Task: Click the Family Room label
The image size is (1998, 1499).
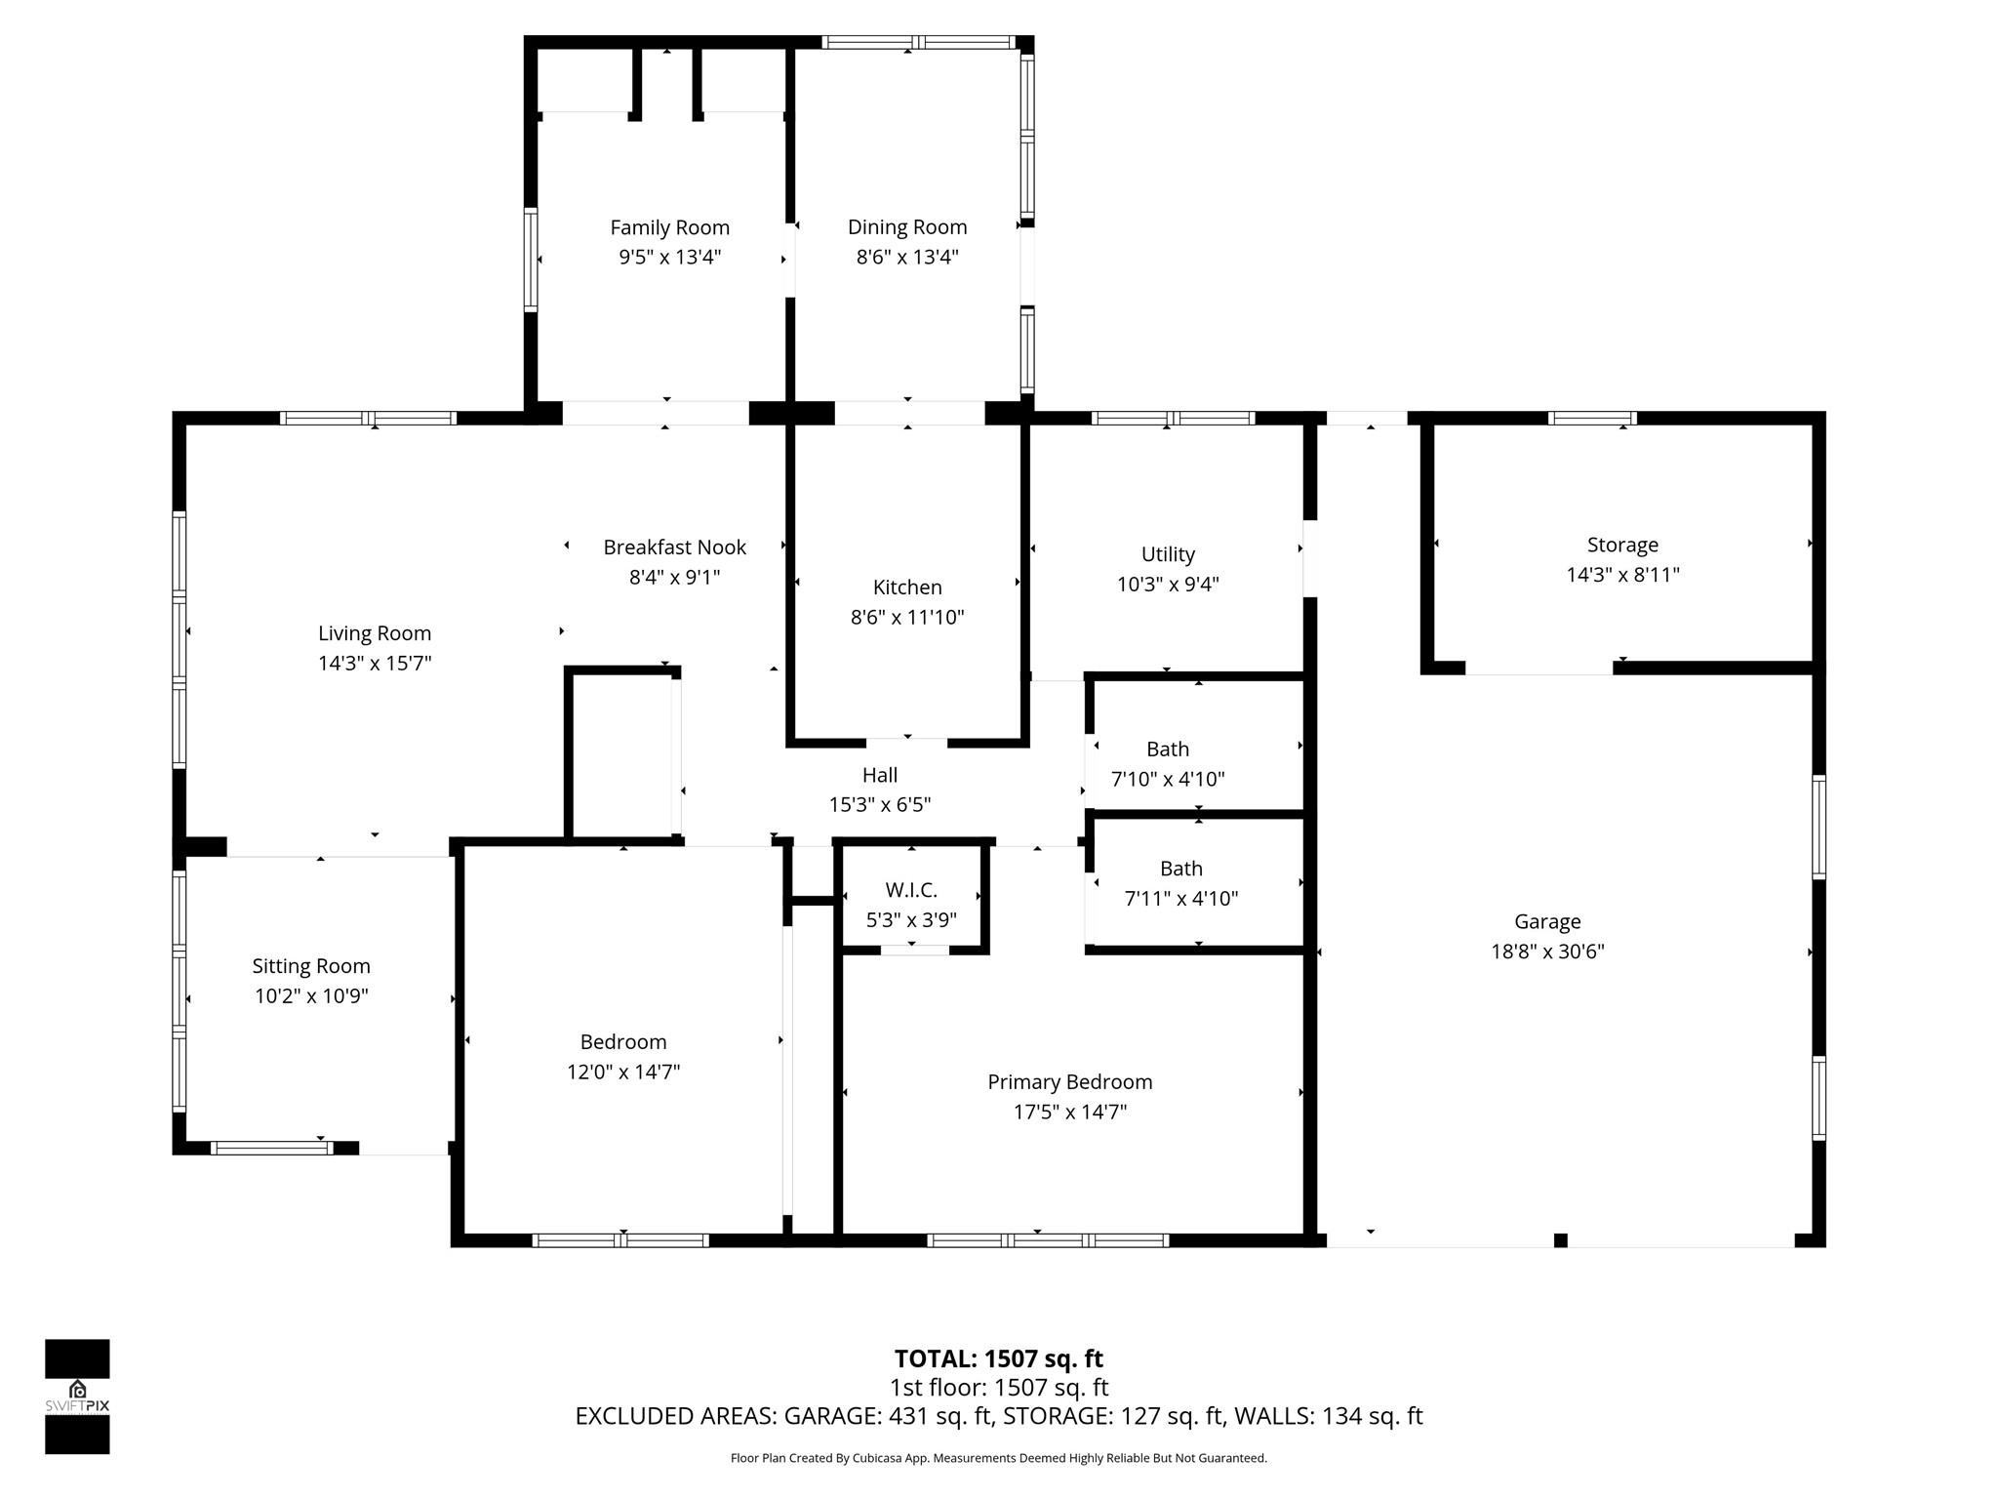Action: point(669,227)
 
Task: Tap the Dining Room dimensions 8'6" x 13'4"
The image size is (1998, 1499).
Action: point(907,257)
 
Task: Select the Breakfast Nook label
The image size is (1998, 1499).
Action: point(674,547)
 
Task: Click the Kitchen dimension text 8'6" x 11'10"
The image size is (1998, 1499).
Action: point(907,617)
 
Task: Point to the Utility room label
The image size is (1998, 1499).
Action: point(1168,554)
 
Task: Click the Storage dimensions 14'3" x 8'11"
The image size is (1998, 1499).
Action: point(1622,575)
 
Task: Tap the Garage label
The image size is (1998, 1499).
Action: point(1547,921)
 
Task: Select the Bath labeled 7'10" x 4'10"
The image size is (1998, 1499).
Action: point(1168,749)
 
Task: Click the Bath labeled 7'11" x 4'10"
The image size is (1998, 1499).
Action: point(1180,869)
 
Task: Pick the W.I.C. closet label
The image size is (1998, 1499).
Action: point(911,890)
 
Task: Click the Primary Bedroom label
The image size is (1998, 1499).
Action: point(1069,1081)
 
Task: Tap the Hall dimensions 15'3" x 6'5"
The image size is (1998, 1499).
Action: point(879,805)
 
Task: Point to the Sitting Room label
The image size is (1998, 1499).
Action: point(311,966)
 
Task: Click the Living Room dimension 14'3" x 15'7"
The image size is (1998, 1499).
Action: point(375,664)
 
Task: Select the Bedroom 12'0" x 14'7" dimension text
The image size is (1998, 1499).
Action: point(623,1072)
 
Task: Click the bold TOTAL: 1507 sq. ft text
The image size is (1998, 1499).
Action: point(998,1358)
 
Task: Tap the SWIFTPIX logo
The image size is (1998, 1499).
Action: point(77,1397)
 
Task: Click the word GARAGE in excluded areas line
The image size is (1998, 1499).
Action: point(829,1416)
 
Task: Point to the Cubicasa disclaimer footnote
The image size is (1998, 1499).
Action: point(998,1458)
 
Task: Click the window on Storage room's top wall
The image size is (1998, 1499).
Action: point(1592,419)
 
